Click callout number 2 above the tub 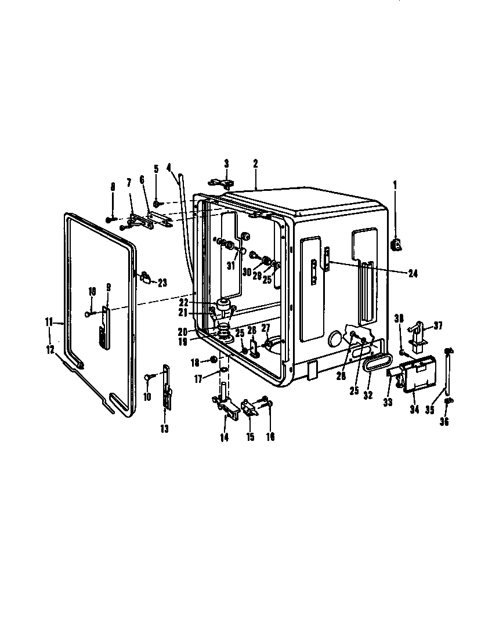255,164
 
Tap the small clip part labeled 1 397,246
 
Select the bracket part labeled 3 223,183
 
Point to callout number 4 168,168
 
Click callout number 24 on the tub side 412,273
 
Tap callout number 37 438,326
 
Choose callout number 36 444,422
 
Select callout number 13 164,429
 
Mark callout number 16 270,437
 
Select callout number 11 49,320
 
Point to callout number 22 184,302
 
